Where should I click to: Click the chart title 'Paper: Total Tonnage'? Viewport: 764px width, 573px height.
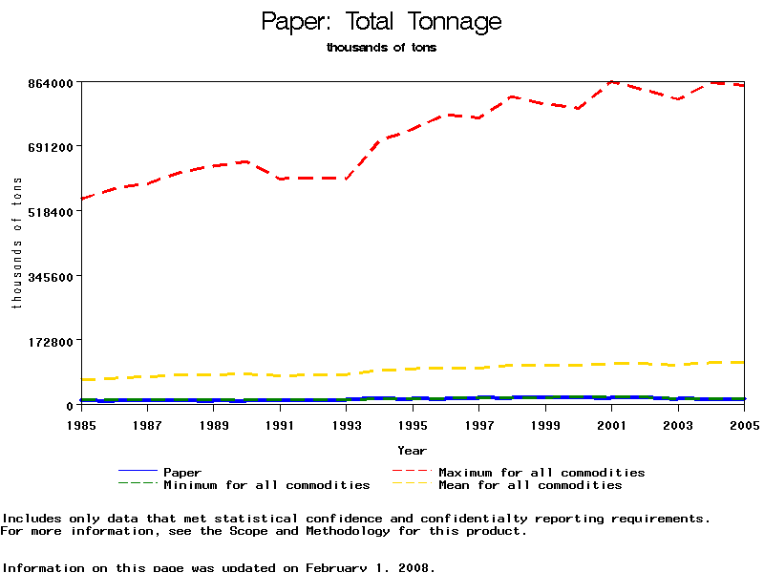pyautogui.click(x=381, y=22)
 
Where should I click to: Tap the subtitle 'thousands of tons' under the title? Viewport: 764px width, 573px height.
pyautogui.click(x=381, y=48)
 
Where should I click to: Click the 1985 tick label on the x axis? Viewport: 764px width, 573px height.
pyautogui.click(x=81, y=425)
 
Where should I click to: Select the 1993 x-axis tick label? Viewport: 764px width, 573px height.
pyautogui.click(x=347, y=425)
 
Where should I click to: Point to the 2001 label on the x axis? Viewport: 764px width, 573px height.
pyautogui.click(x=612, y=425)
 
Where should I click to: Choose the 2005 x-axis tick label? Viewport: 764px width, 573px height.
pyautogui.click(x=744, y=425)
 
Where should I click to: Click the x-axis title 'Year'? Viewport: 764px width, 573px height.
pyautogui.click(x=413, y=450)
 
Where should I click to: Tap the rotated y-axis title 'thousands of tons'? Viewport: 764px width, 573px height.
pyautogui.click(x=16, y=244)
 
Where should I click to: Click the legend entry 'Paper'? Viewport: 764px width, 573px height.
pyautogui.click(x=182, y=472)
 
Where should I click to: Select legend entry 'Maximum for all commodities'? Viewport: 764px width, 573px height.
pyautogui.click(x=541, y=472)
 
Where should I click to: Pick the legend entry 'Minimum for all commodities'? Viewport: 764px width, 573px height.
pyautogui.click(x=266, y=485)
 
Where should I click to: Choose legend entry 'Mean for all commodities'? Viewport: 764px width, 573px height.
pyautogui.click(x=530, y=485)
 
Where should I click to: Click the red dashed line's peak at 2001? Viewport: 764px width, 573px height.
pyautogui.click(x=612, y=82)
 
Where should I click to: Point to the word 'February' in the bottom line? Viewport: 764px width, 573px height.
pyautogui.click(x=335, y=567)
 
